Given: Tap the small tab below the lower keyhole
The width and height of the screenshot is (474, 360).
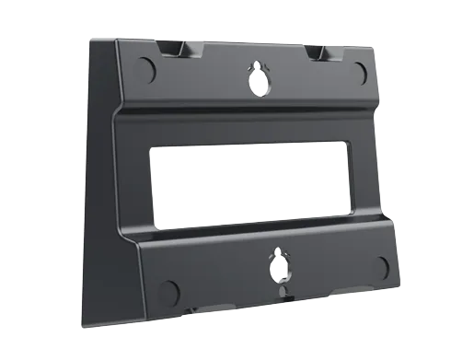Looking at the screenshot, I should [281, 296].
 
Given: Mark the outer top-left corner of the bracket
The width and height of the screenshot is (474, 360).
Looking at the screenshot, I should [91, 39].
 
